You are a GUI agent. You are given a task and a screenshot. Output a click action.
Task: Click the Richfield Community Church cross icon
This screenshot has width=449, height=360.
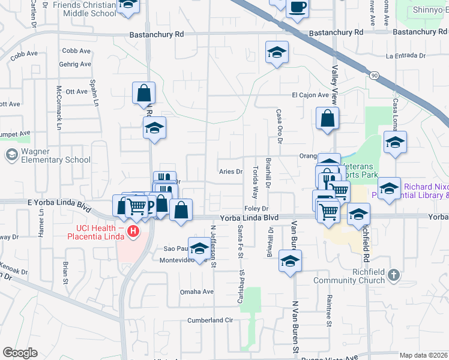pyautogui.click(x=394, y=275)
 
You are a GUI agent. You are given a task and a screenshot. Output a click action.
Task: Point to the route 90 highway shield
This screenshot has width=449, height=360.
pyautogui.click(x=374, y=76)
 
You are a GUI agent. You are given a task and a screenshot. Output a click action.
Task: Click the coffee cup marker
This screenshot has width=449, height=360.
pyautogui.click(x=297, y=8)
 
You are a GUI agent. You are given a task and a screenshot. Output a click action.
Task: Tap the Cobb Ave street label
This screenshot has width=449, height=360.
pyautogui.click(x=76, y=52)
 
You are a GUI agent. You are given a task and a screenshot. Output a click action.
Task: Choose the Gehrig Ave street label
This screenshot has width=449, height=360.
pyautogui.click(x=76, y=64)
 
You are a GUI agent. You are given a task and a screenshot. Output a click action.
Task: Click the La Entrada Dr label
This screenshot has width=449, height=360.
pyautogui.click(x=406, y=56)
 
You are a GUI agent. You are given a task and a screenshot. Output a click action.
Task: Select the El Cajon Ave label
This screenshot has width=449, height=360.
pyautogui.click(x=310, y=95)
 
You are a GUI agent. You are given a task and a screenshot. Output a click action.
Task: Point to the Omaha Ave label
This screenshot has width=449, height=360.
pyautogui.click(x=197, y=292)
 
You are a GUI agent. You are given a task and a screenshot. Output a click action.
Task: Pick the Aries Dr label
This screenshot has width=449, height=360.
pyautogui.click(x=231, y=171)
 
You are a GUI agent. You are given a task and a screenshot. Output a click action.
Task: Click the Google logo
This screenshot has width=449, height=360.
pyautogui.click(x=20, y=353)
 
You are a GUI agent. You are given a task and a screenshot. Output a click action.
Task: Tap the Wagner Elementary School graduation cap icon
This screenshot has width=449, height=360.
pyautogui.click(x=11, y=155)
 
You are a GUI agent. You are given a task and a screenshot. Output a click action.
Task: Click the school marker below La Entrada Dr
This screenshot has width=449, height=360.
pyautogui.click(x=277, y=52)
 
